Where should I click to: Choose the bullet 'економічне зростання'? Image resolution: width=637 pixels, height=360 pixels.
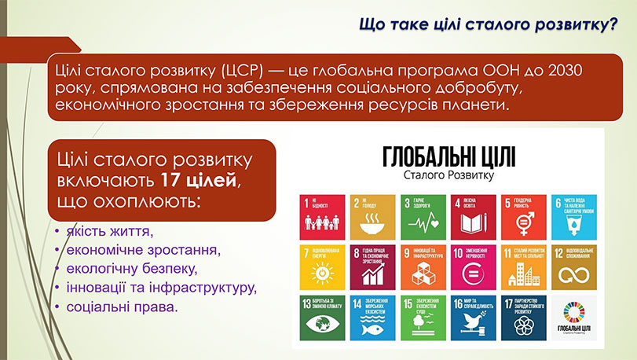141,251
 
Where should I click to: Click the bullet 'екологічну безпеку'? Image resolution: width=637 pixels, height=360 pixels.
134,269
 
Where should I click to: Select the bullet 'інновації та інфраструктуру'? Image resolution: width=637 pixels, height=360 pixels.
162,287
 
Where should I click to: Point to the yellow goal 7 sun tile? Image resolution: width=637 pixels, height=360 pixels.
322,266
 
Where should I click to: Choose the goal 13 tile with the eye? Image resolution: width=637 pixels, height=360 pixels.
322,317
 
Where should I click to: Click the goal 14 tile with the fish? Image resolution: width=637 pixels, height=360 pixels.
371,317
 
